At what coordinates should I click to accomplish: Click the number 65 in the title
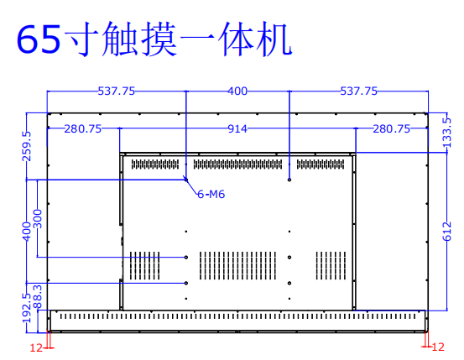(x=39, y=39)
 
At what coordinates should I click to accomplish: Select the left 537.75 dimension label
(x=117, y=91)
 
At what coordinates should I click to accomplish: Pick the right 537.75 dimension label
(x=358, y=91)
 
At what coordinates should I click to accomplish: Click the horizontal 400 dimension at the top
(x=237, y=91)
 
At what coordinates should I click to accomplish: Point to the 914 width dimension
(x=237, y=128)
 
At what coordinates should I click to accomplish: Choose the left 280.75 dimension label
(x=83, y=128)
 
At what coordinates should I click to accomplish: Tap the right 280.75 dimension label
(x=391, y=128)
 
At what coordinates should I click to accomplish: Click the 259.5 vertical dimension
(x=26, y=146)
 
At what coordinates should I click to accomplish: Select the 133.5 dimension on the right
(x=447, y=133)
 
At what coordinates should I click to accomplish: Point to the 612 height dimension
(x=447, y=232)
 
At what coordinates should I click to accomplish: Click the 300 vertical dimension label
(x=38, y=219)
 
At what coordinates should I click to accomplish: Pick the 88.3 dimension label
(x=38, y=297)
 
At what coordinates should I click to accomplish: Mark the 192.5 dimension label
(x=26, y=308)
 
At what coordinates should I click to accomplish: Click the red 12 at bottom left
(x=36, y=348)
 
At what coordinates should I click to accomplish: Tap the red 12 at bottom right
(x=438, y=347)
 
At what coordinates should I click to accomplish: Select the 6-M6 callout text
(x=211, y=194)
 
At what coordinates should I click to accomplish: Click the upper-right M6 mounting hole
(x=289, y=180)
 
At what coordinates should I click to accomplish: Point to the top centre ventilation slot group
(x=238, y=164)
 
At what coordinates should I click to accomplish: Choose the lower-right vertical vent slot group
(x=331, y=265)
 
